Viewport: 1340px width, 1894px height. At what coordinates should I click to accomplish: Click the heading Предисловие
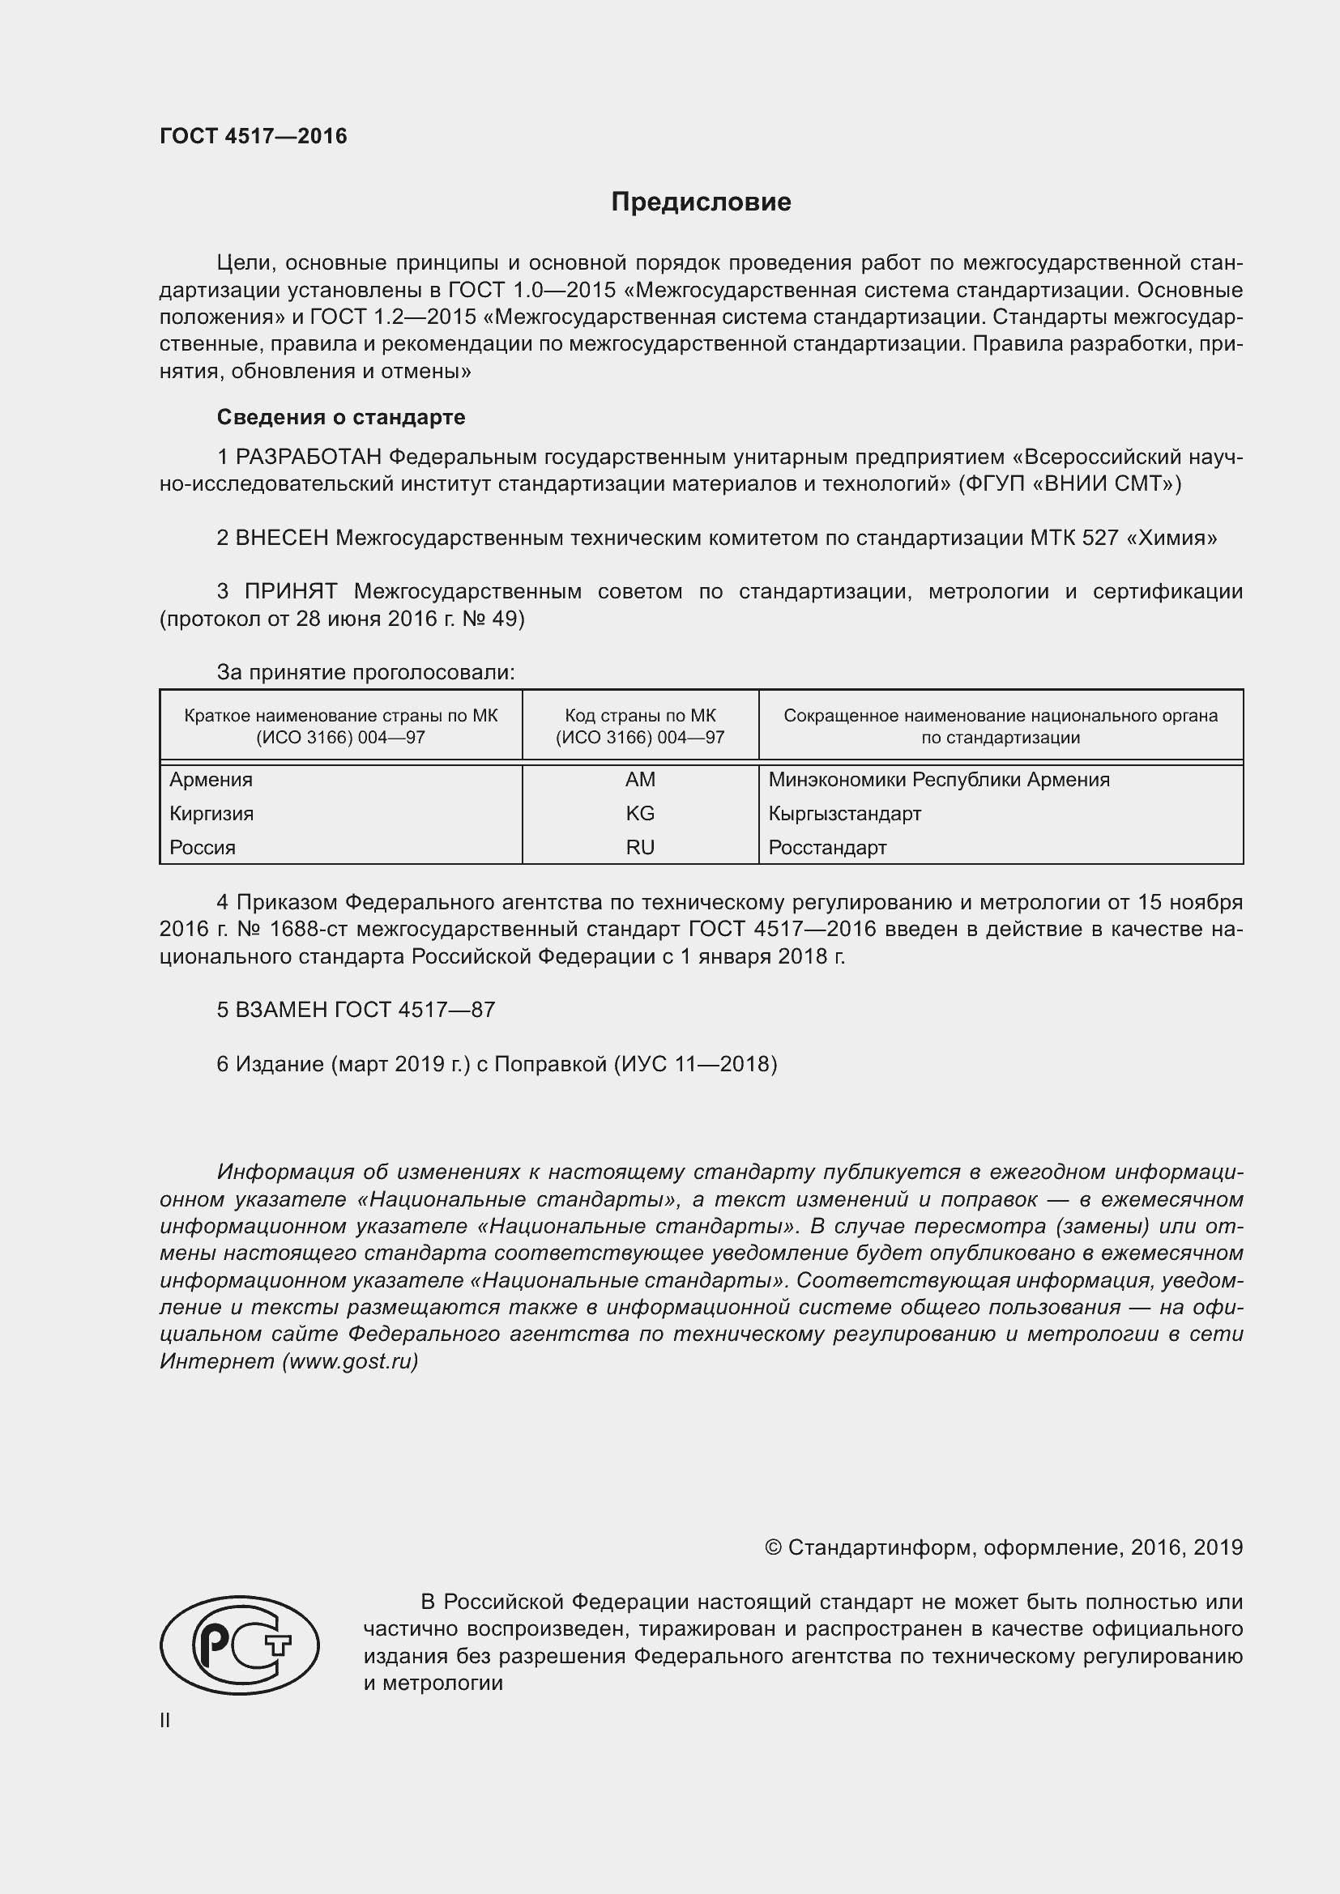point(701,202)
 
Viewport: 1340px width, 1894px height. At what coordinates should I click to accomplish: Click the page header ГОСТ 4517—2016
point(254,136)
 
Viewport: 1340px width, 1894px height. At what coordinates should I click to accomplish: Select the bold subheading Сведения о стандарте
point(341,417)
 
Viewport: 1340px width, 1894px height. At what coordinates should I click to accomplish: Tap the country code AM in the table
point(639,780)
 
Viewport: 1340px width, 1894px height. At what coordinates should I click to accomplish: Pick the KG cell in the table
point(639,813)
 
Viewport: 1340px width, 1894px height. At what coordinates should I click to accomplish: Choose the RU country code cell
point(639,847)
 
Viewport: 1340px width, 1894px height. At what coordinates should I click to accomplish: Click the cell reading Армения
point(211,780)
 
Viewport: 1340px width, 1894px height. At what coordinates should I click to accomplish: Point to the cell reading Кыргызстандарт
point(844,813)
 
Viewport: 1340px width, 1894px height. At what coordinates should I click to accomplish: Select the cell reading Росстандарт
point(827,847)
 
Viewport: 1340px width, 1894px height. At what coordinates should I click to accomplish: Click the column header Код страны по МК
point(639,716)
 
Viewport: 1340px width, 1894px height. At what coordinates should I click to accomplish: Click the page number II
point(165,1721)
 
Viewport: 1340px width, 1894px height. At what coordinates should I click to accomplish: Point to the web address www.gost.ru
point(350,1361)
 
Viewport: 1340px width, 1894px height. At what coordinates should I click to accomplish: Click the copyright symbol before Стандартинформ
point(772,1547)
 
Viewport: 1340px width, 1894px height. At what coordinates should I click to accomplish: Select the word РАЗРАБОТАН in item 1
point(309,457)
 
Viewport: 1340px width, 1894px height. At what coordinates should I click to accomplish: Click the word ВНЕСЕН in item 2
point(282,538)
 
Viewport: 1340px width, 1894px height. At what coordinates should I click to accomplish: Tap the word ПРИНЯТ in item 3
point(291,591)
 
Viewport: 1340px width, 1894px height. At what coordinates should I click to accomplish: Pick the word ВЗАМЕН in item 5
point(281,1010)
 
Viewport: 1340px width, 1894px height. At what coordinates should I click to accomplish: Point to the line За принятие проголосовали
point(365,672)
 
